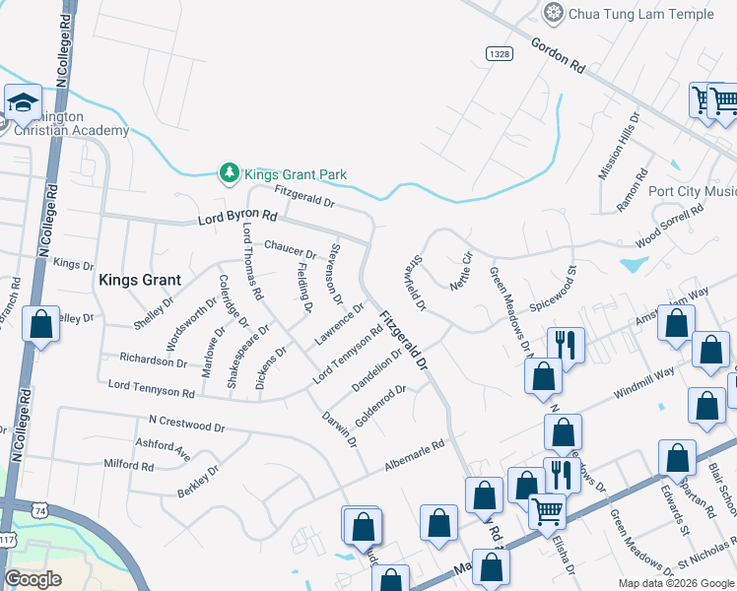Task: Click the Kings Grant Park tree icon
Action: click(229, 173)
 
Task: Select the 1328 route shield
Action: click(498, 52)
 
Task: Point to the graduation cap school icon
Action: click(21, 101)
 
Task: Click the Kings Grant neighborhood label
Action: click(137, 280)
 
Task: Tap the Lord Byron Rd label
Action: click(237, 215)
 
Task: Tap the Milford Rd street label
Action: click(127, 464)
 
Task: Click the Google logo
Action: click(33, 579)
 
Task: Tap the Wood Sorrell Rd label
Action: click(670, 225)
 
